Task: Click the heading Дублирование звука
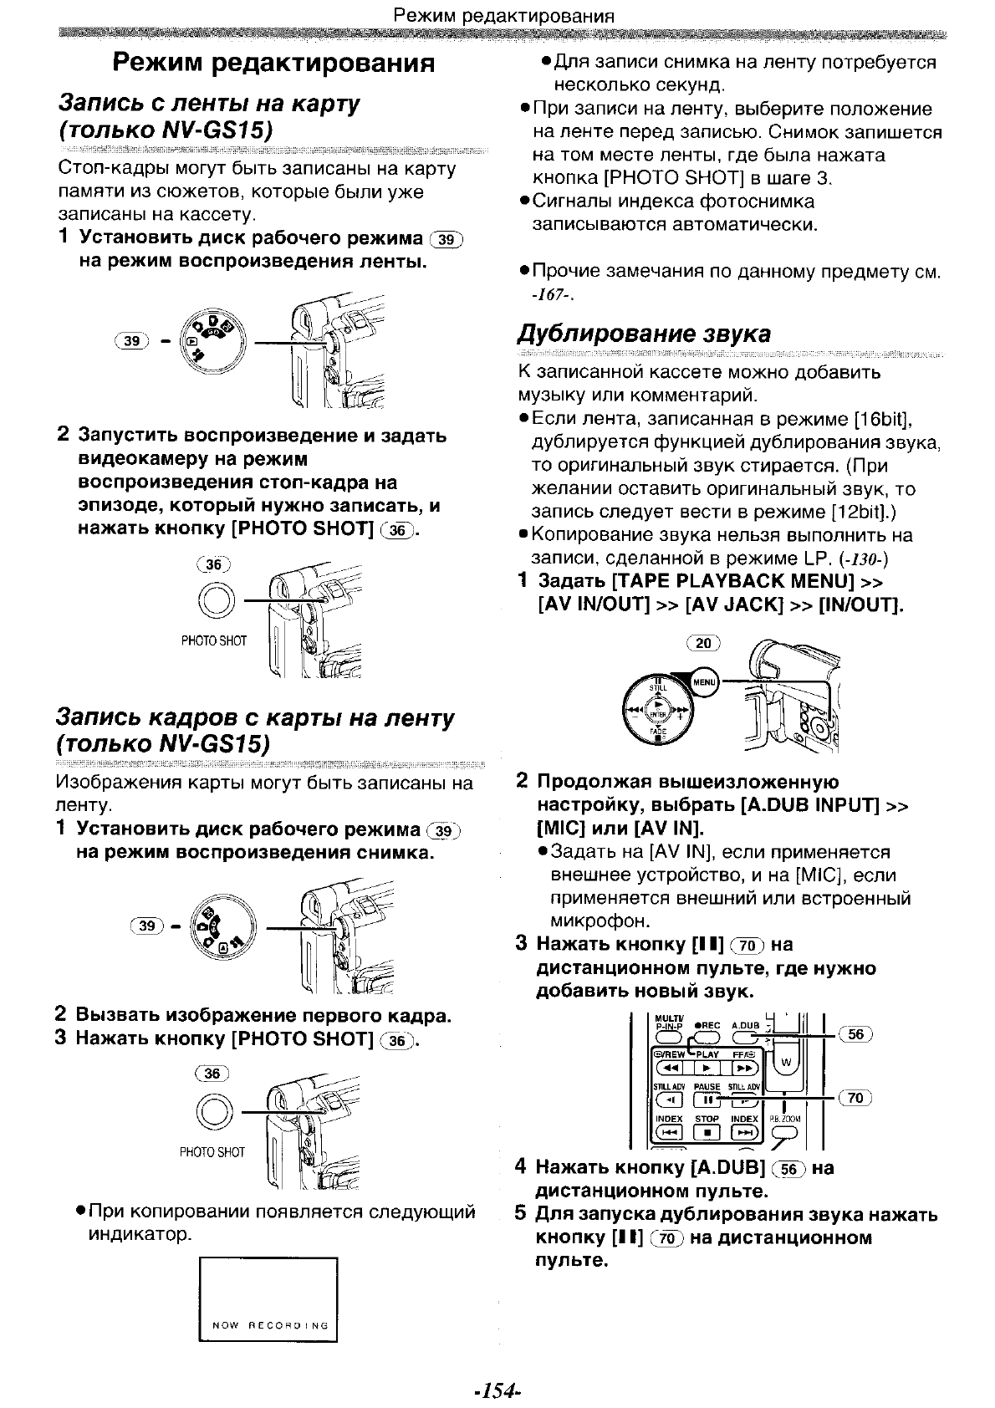tap(644, 334)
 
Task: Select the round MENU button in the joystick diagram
tap(705, 681)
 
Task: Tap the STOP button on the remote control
tap(707, 1132)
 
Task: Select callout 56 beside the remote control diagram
tap(855, 1034)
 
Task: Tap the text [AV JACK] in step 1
tap(733, 605)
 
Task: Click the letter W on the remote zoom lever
tap(785, 1063)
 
